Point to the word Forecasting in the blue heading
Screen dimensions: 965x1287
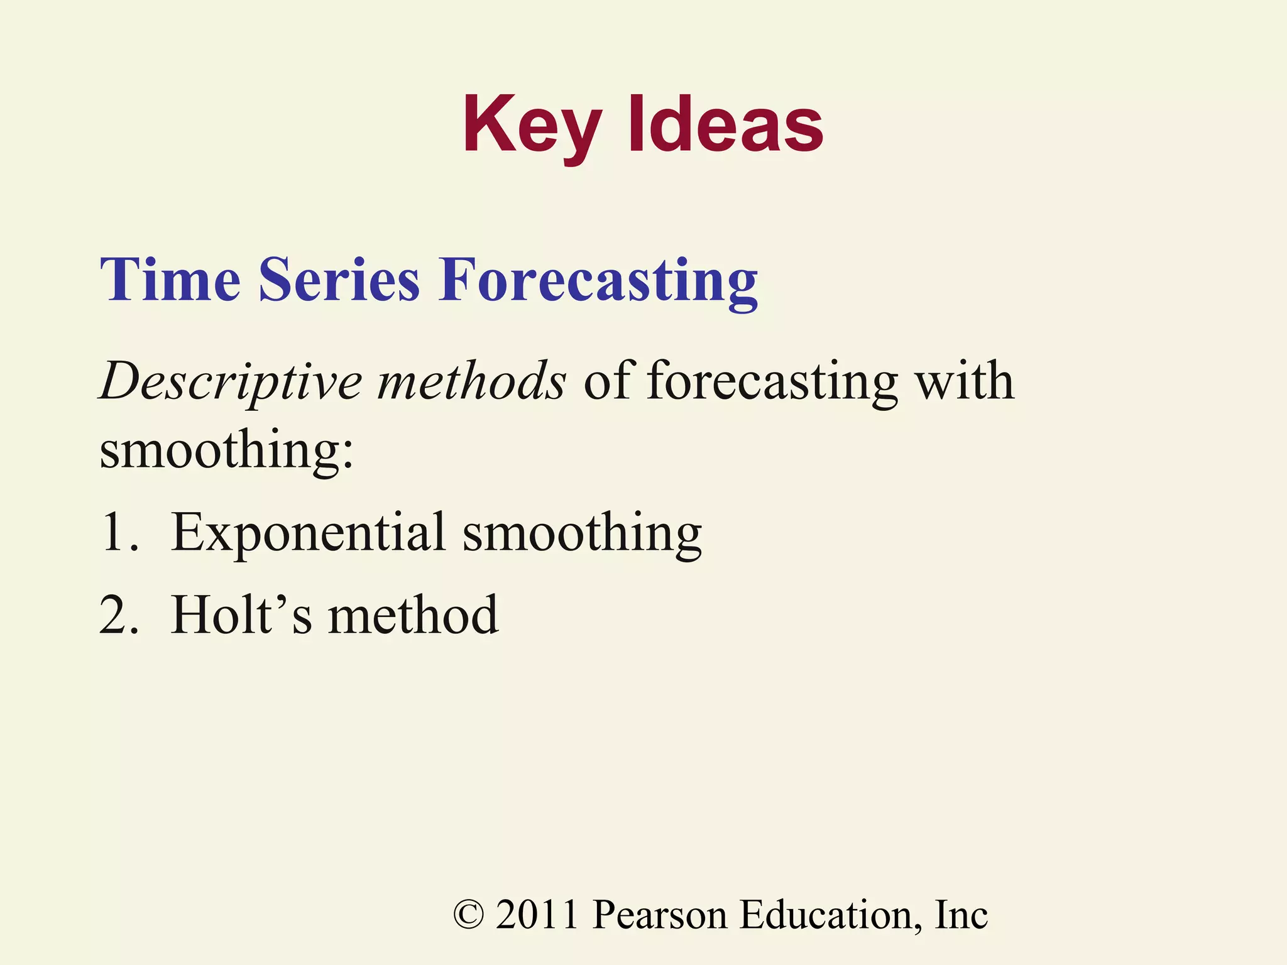coord(598,280)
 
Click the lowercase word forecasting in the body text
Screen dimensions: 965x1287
coord(772,382)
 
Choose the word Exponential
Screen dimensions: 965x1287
coord(308,533)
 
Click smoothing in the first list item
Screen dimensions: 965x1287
coord(582,533)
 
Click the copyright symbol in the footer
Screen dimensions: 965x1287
coord(468,915)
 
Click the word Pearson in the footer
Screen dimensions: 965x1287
coord(660,915)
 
